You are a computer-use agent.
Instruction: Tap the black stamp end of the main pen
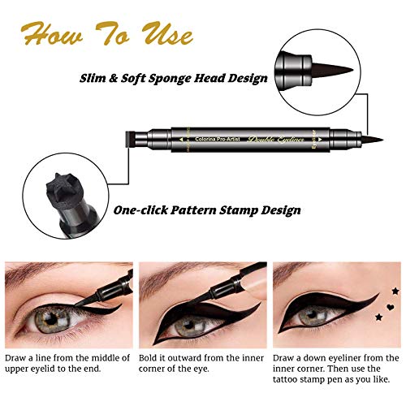point(133,136)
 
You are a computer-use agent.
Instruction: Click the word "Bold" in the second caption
point(151,358)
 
